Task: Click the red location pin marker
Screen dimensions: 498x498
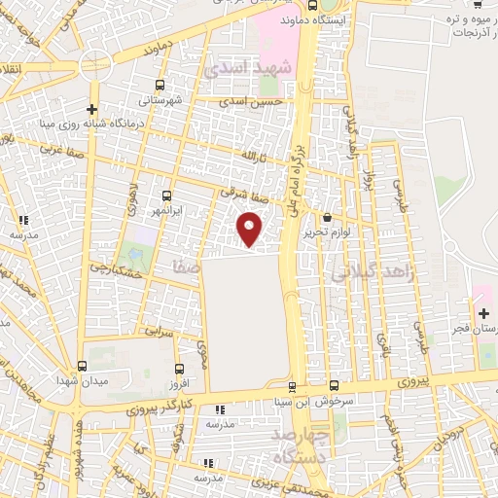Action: [x=251, y=230]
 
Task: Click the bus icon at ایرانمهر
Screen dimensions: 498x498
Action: [x=167, y=196]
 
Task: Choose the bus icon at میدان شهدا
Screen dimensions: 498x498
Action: [x=81, y=366]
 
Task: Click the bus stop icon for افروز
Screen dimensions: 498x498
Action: [x=177, y=369]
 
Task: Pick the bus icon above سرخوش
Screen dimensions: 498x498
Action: [x=334, y=386]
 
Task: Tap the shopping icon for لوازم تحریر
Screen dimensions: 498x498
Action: [x=326, y=218]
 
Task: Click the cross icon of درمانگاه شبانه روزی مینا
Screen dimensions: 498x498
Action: [x=92, y=109]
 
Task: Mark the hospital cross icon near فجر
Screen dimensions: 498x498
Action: [x=483, y=313]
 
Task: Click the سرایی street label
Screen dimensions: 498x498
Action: [x=160, y=332]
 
